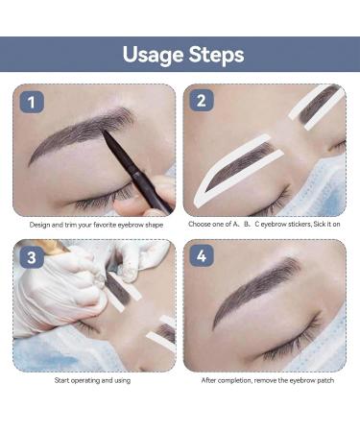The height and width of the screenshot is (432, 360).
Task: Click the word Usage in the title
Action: coord(153,55)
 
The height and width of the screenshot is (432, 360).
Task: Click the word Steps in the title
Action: coord(216,54)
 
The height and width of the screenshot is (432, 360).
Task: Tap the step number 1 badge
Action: coord(32,102)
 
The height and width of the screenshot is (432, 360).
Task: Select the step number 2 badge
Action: coord(202,101)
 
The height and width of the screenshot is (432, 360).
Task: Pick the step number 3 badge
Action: coord(32,257)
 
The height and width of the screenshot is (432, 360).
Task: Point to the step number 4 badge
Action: coord(202,255)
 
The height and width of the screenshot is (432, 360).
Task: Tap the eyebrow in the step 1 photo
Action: coord(82,132)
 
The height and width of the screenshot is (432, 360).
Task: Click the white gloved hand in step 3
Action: coord(60,288)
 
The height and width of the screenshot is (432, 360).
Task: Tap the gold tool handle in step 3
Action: coord(48,246)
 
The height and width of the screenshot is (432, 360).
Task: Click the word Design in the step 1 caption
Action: coord(39,225)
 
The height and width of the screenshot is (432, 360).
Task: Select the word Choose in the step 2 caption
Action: coord(199,224)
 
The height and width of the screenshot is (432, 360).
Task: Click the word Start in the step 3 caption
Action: coord(61,380)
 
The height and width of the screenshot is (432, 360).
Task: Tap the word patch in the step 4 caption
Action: coord(325,381)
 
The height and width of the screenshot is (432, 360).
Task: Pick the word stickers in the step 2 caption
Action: coord(300,224)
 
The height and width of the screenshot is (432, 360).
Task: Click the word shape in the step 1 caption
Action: coord(154,225)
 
